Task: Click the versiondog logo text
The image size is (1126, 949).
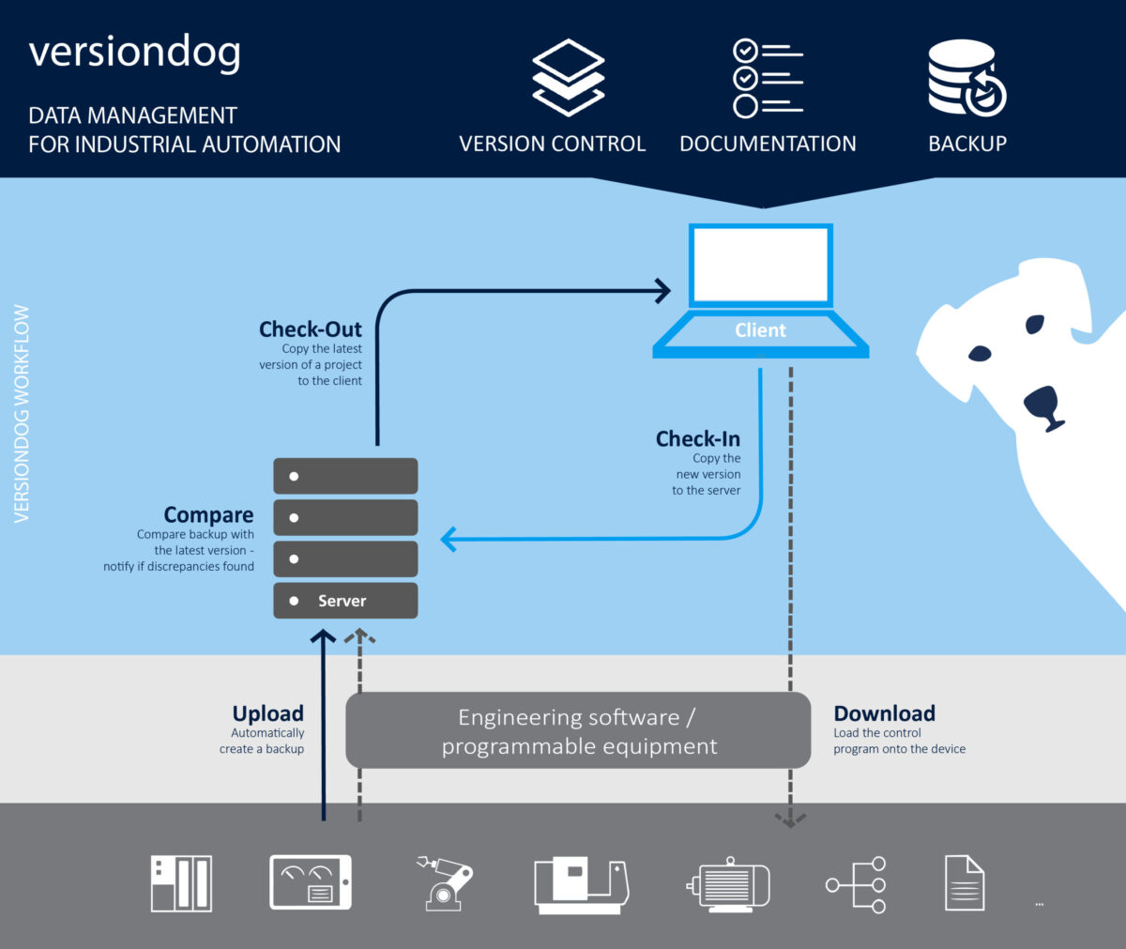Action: (135, 53)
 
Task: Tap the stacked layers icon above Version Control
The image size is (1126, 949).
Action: (569, 77)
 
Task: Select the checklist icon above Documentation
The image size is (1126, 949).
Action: (768, 78)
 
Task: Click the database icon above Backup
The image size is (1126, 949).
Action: (966, 78)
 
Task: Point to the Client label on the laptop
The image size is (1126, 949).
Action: (760, 330)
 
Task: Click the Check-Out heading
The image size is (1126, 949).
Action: (310, 329)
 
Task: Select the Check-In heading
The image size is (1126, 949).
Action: (697, 439)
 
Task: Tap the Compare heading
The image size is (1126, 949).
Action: (208, 515)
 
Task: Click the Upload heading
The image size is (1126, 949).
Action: (267, 713)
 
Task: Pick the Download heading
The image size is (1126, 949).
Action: (884, 713)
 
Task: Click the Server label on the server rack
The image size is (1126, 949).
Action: (342, 601)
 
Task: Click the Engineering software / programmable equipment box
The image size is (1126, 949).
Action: (578, 731)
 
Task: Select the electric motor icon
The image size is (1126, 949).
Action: (728, 883)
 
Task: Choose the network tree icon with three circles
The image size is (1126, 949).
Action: (857, 883)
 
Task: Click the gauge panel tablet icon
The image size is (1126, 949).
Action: (311, 882)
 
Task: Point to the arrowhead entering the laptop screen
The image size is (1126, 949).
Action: (663, 291)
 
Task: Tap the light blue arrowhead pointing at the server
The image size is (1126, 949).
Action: (449, 539)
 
